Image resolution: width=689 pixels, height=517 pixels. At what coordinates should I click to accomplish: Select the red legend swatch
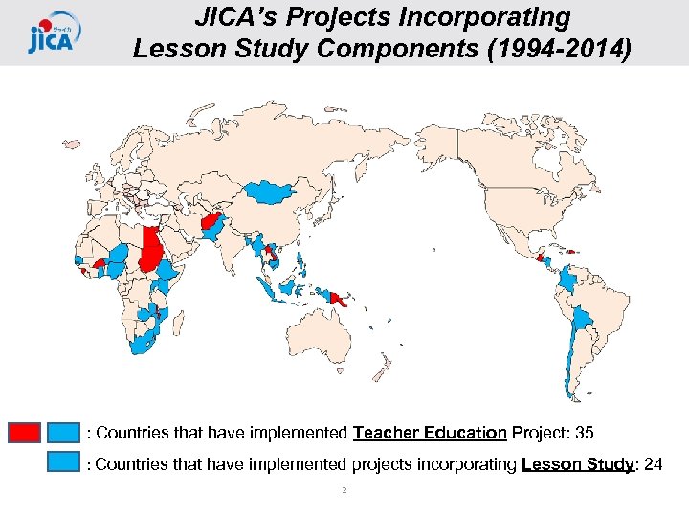pos(24,433)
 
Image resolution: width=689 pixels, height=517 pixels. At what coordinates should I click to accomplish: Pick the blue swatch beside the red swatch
pos(64,433)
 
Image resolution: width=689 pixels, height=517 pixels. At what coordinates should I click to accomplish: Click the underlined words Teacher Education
pos(430,434)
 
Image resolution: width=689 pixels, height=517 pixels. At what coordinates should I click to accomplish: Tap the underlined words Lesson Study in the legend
pos(577,465)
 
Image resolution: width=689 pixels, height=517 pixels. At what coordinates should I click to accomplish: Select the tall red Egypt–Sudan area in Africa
pos(151,250)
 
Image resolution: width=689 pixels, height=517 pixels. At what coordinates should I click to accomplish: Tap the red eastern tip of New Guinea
pos(338,299)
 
